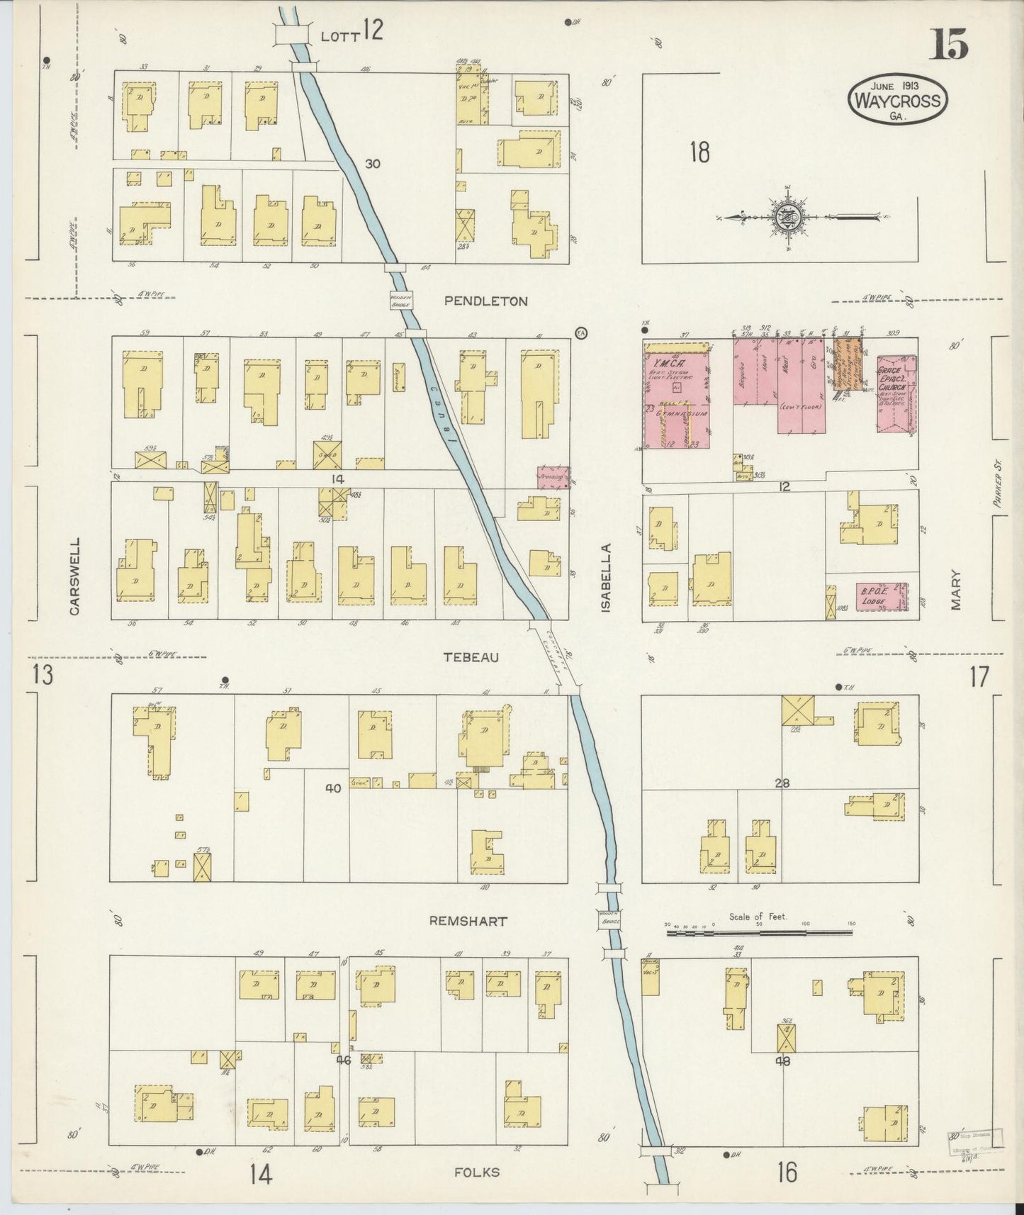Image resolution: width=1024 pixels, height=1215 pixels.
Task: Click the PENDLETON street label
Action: [x=485, y=301]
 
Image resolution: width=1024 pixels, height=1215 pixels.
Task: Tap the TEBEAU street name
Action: [x=471, y=657]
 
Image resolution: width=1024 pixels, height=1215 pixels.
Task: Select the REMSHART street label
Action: [x=468, y=922]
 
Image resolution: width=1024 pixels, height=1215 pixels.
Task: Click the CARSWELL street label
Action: [x=76, y=576]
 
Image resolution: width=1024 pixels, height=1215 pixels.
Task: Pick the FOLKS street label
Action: [x=477, y=1172]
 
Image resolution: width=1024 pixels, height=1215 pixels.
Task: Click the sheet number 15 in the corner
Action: [x=949, y=47]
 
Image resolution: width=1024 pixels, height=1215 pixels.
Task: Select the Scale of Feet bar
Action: [x=762, y=934]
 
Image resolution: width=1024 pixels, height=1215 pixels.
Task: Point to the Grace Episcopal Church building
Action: [x=896, y=394]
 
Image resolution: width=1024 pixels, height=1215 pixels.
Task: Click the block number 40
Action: [x=333, y=788]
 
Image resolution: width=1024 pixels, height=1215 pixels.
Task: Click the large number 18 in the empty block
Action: [x=699, y=152]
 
